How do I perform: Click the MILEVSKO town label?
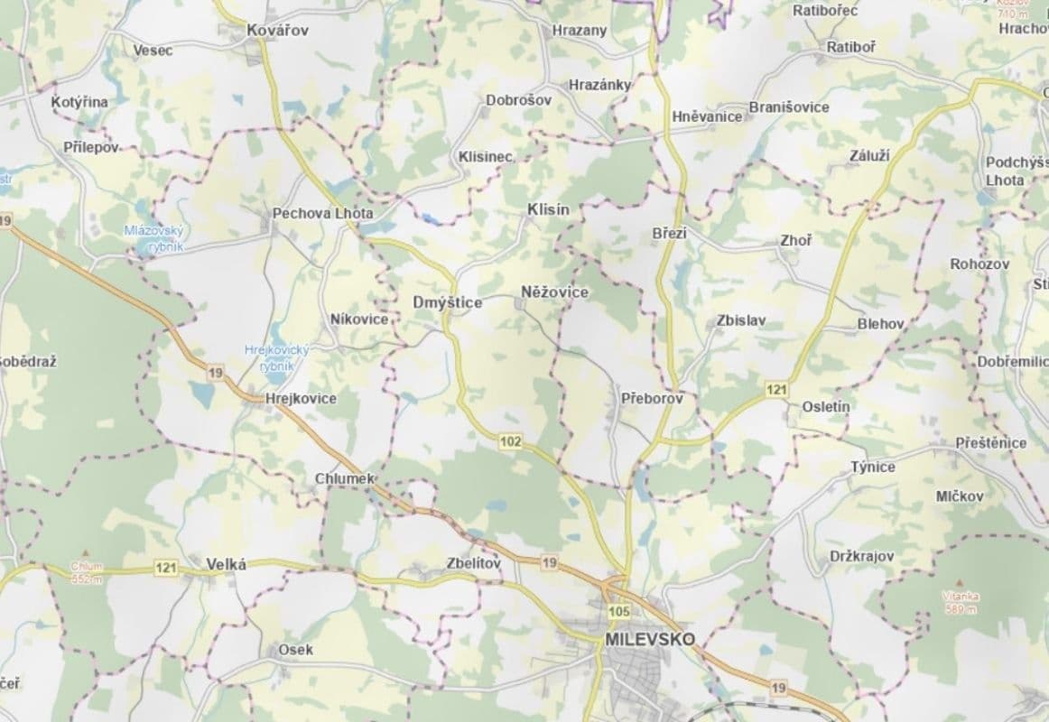(649, 639)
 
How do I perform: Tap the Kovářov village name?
(278, 31)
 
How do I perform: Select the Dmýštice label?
(447, 303)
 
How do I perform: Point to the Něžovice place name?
(555, 292)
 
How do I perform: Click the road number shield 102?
(509, 440)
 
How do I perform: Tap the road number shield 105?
(618, 612)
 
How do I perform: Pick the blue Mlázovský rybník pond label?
(153, 237)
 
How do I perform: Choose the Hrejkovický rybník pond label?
(277, 357)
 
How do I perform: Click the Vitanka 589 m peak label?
(961, 603)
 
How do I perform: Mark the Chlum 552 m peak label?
(87, 571)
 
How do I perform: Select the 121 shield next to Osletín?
(776, 390)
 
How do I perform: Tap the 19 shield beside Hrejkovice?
(215, 372)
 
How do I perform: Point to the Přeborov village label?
(653, 397)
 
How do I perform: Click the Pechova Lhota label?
(321, 215)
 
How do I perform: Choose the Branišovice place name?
(789, 106)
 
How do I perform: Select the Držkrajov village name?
(861, 557)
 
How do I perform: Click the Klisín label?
(549, 209)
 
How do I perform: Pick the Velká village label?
(227, 564)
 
